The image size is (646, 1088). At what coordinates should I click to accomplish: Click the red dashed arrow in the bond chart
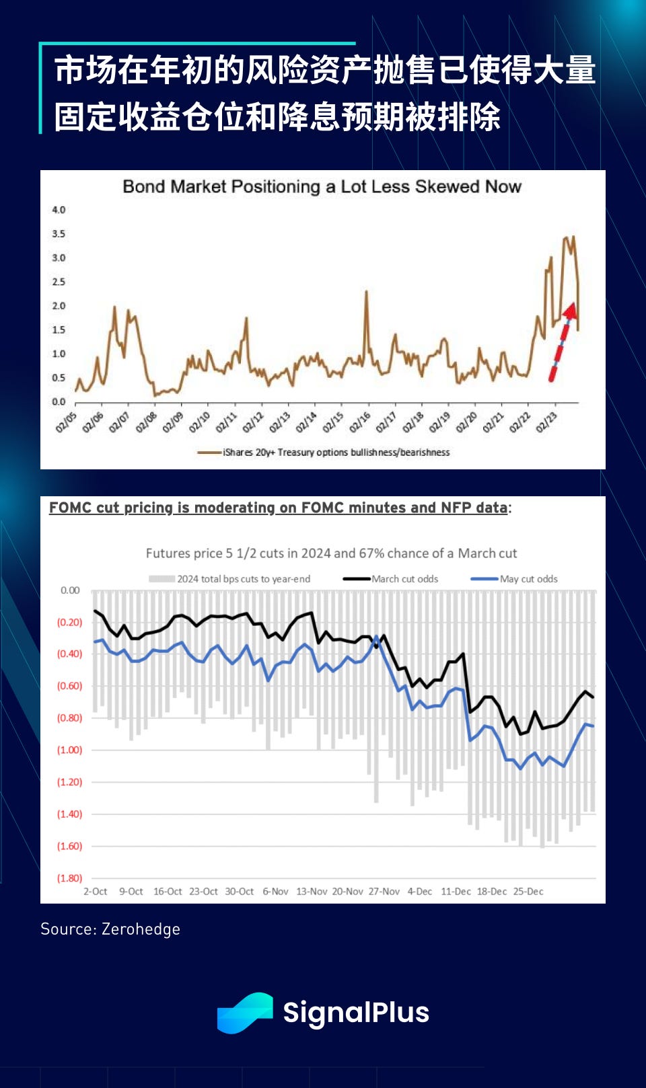tap(561, 343)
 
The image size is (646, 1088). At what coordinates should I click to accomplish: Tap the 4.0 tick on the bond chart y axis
tap(59, 210)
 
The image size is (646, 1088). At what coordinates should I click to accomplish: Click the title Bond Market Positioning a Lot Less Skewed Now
tap(322, 187)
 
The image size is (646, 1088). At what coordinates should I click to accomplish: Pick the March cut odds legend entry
tap(404, 579)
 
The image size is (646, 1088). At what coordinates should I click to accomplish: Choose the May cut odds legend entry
tap(528, 579)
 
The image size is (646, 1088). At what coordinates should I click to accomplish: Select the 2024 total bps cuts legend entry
tap(243, 579)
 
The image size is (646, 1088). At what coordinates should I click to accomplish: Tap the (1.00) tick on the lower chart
tap(69, 750)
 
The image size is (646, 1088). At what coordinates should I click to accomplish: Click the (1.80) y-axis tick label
tap(69, 878)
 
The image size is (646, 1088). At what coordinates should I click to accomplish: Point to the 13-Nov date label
tap(312, 892)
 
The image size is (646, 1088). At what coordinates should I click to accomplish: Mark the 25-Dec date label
tap(528, 892)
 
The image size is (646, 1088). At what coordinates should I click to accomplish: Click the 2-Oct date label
tap(95, 892)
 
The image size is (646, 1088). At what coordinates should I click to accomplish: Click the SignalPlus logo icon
tap(244, 1013)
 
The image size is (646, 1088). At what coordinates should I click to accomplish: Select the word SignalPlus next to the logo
tap(356, 1013)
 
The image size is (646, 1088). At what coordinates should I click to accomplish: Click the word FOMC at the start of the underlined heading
tap(70, 508)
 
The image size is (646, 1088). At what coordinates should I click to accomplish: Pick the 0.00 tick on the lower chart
tap(70, 590)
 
